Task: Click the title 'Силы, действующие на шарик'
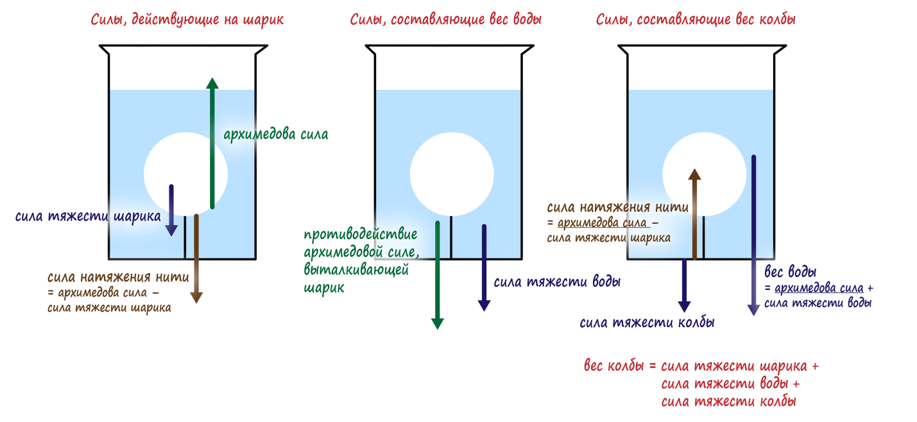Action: pos(187,20)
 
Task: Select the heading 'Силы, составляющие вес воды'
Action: pos(445,20)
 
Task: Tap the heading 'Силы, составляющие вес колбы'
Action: pos(696,20)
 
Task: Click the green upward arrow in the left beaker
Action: pos(212,144)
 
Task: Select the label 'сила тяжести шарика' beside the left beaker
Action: pos(88,216)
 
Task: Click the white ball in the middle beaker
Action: pos(452,174)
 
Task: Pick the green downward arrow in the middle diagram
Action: pos(437,276)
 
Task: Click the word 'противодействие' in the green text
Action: pos(361,233)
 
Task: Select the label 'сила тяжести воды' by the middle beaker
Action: pos(557,282)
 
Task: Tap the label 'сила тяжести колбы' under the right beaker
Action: pos(647,323)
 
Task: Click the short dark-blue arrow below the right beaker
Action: pos(684,285)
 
